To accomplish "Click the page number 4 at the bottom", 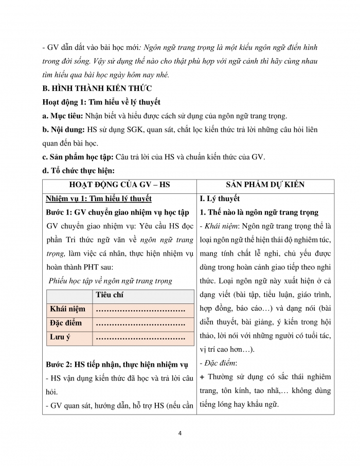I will coord(180,433).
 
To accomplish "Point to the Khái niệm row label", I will coord(67,310).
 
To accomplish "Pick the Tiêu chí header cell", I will coord(110,295).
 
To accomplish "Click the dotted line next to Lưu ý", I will coord(140,338).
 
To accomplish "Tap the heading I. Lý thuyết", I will coord(220,199).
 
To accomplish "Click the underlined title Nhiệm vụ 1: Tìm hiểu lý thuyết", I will coord(98,199).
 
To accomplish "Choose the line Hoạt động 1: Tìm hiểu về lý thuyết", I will coord(101,102).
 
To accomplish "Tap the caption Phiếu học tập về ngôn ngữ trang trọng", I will coord(110,281).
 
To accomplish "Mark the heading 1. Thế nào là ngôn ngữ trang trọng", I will coord(259,212).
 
